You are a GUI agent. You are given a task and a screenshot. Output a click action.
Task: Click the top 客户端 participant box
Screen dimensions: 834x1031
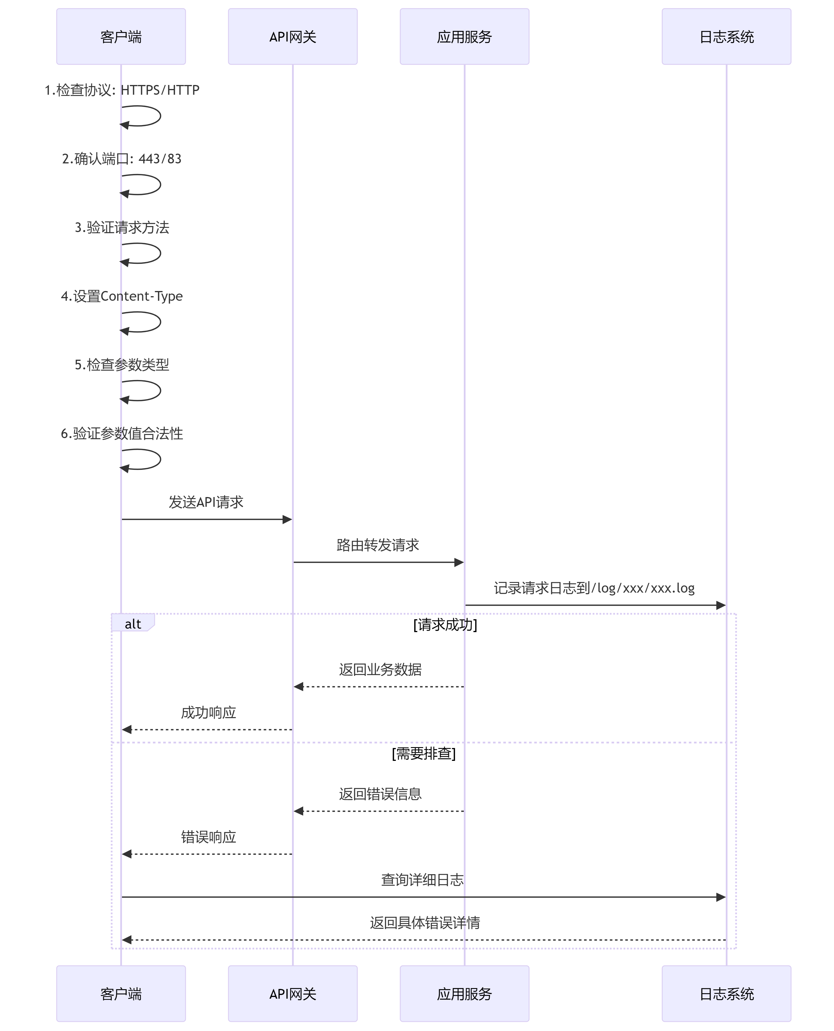(121, 37)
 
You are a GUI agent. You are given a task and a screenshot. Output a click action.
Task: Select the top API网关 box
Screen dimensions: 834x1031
(293, 37)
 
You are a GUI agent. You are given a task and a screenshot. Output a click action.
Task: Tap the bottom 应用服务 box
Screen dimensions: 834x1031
(465, 994)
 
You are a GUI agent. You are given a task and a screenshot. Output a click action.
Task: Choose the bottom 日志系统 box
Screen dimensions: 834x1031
(726, 994)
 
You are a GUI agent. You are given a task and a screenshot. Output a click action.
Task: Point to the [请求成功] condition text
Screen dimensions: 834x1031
(445, 625)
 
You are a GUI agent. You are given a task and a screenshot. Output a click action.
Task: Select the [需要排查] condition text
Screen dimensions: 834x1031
(424, 753)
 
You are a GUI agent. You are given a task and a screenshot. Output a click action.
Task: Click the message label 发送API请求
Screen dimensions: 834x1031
(206, 502)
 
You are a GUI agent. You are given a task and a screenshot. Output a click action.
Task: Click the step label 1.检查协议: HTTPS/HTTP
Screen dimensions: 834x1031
(122, 90)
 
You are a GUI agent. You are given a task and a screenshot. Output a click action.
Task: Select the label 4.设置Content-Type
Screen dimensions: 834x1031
(122, 296)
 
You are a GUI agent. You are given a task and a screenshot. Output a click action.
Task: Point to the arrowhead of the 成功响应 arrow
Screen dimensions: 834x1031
(126, 729)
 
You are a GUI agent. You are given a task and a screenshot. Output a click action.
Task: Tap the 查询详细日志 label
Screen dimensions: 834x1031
(422, 880)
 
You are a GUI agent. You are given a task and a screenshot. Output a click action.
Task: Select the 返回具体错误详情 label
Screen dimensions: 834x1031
(425, 923)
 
